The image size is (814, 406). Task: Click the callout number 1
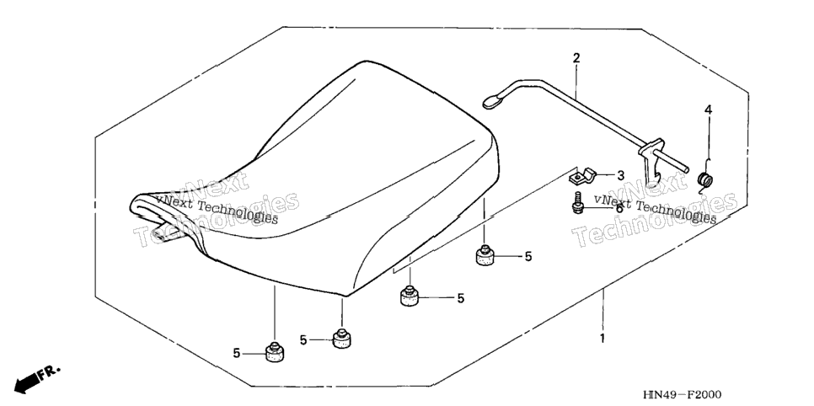pyautogui.click(x=602, y=339)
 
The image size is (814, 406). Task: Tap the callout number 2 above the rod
pyautogui.click(x=576, y=57)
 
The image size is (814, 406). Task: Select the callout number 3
pyautogui.click(x=620, y=175)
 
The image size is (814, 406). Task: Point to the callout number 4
pyautogui.click(x=708, y=110)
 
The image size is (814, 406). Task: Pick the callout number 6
pyautogui.click(x=619, y=208)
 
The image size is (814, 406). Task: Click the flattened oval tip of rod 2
pyautogui.click(x=492, y=101)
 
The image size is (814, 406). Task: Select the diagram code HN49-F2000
pyautogui.click(x=682, y=395)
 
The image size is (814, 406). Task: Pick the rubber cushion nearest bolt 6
pyautogui.click(x=485, y=255)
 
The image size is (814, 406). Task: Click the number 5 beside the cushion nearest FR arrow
pyautogui.click(x=236, y=354)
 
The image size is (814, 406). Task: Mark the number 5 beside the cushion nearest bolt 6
pyautogui.click(x=528, y=256)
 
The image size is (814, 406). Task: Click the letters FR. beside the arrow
pyautogui.click(x=50, y=371)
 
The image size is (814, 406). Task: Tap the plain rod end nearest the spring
pyautogui.click(x=686, y=169)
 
